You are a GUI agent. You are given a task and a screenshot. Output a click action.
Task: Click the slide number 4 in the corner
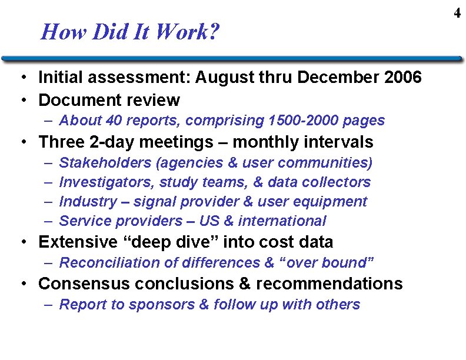pyautogui.click(x=457, y=13)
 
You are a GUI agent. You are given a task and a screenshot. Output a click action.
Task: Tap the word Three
pyautogui.click(x=61, y=142)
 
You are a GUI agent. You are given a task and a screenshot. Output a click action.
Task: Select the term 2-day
pyautogui.click(x=108, y=142)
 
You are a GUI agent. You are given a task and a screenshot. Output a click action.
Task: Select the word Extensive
pyautogui.click(x=77, y=242)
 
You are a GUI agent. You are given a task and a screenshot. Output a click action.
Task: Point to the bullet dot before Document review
pyautogui.click(x=21, y=101)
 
